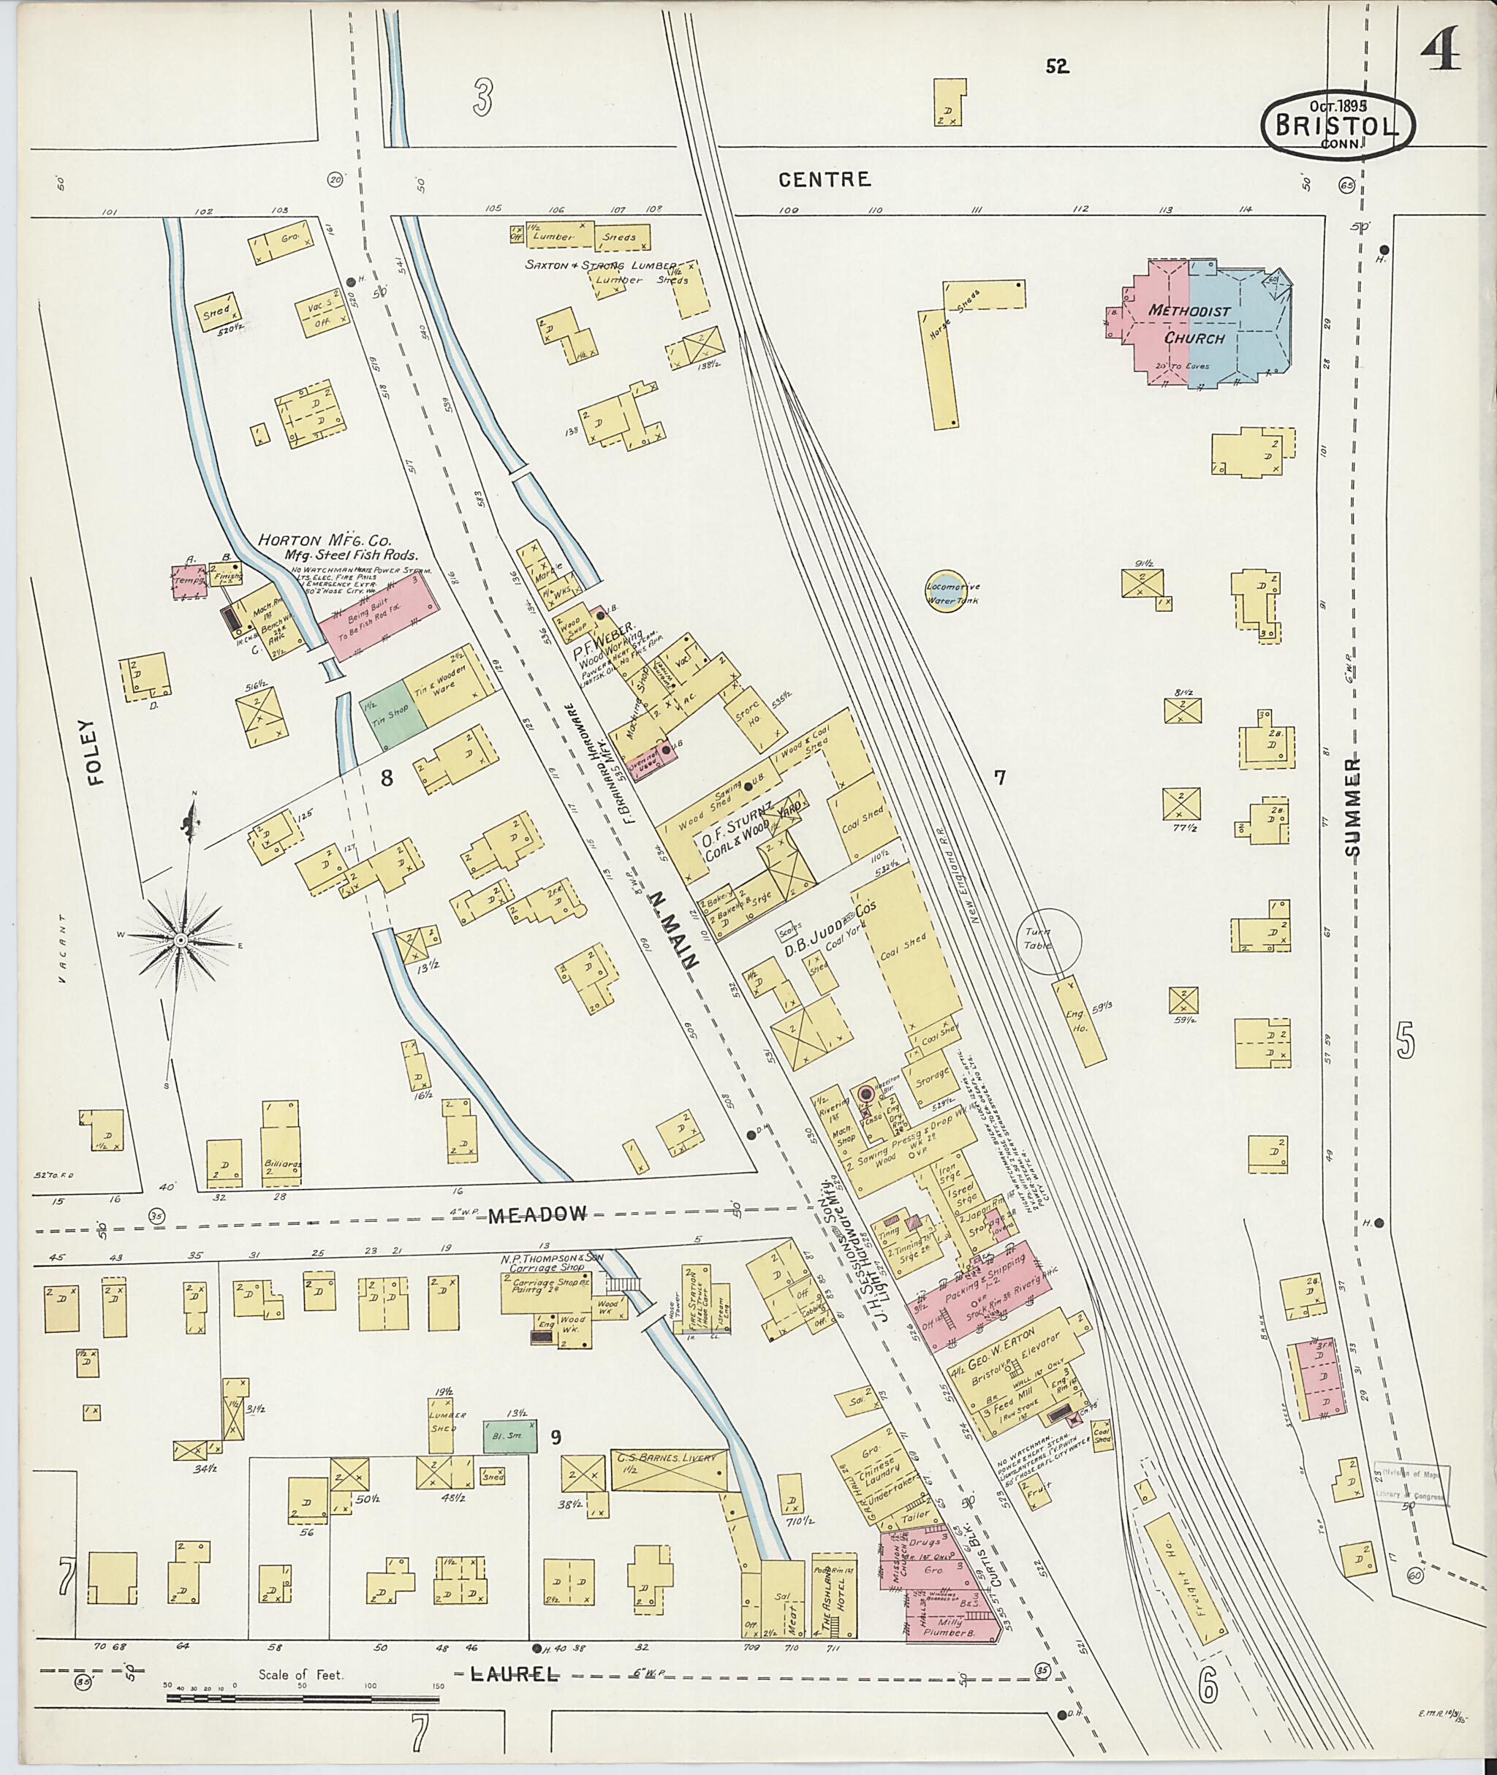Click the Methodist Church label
point(1188,324)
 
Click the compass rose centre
point(180,940)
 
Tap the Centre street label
point(824,179)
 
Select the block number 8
point(386,778)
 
